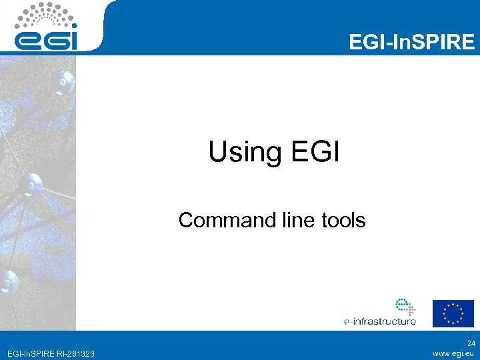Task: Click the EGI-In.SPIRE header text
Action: coord(412,43)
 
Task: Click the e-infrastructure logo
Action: coord(380,313)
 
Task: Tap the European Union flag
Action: coord(453,313)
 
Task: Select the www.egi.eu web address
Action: coord(453,353)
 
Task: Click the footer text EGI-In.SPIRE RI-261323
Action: coord(49,353)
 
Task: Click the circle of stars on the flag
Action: coord(453,313)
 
